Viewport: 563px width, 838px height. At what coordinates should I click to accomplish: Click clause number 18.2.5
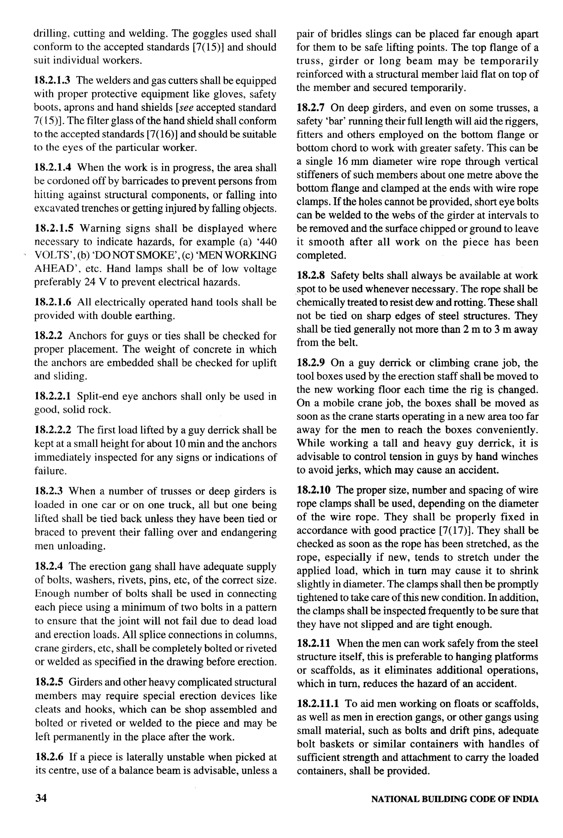[x=49, y=682]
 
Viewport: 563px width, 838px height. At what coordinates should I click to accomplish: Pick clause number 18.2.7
[x=311, y=108]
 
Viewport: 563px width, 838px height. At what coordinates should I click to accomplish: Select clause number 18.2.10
[x=313, y=490]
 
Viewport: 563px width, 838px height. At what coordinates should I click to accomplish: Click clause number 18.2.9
[x=311, y=363]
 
